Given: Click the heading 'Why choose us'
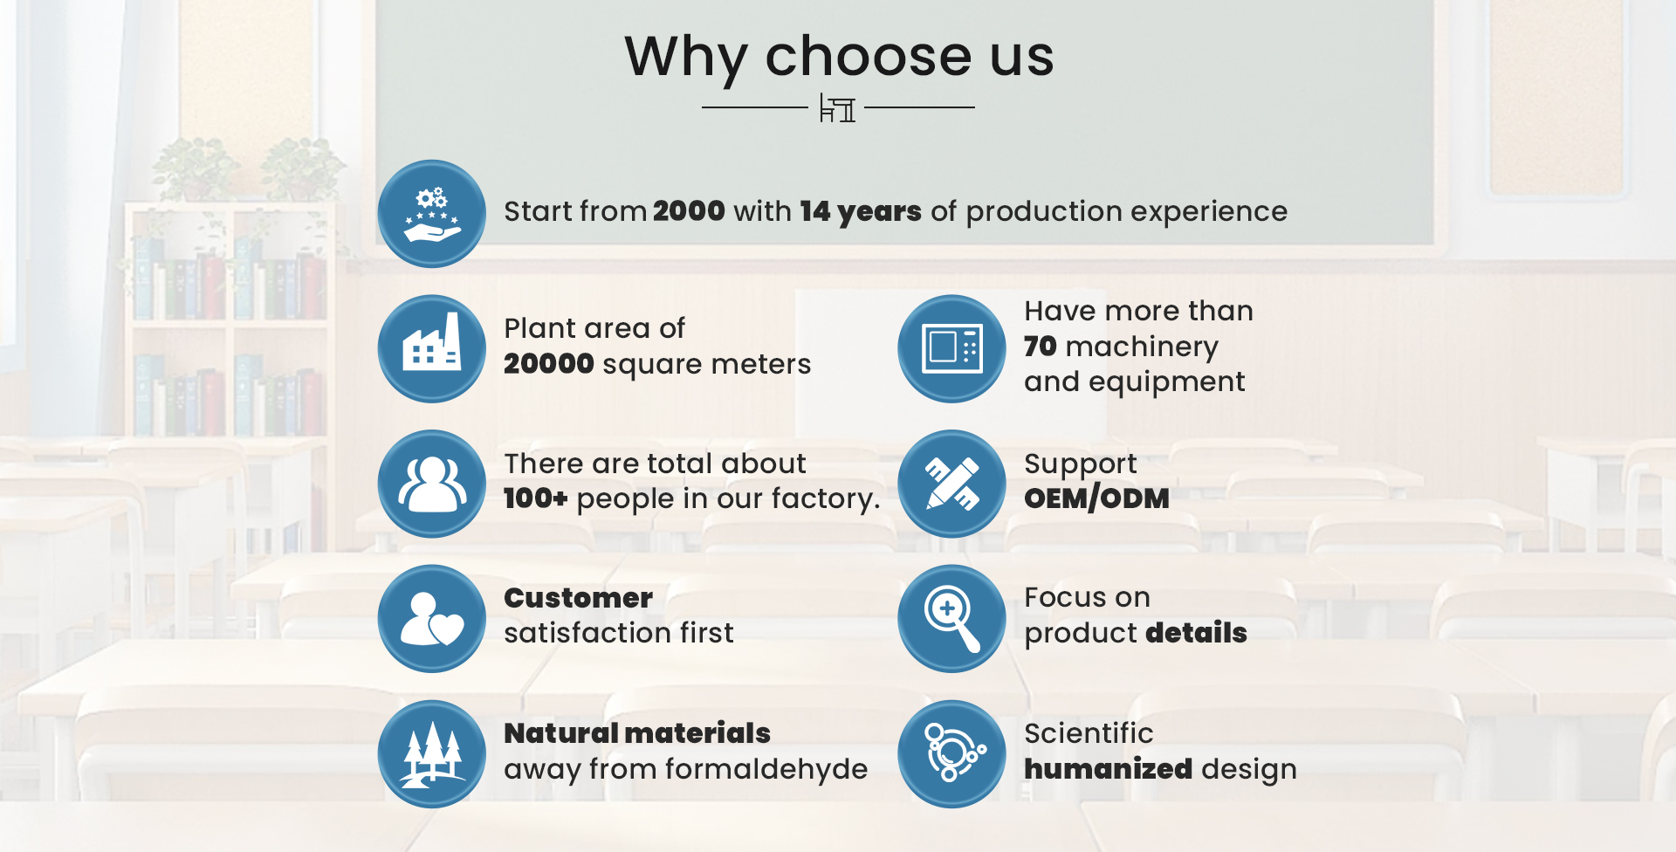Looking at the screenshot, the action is coord(839,58).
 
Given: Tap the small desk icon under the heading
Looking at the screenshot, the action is coord(837,108).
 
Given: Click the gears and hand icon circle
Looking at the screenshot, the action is coord(432,214).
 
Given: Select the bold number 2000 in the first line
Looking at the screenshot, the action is coord(689,211).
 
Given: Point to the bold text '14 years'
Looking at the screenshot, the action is coord(861,212).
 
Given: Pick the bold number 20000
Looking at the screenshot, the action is coord(549,364).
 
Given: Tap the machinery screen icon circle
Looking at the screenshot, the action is coord(952,349).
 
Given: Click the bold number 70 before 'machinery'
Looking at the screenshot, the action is coord(1041,347).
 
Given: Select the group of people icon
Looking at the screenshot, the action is coord(432,484).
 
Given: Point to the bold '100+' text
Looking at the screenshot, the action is coord(536,498).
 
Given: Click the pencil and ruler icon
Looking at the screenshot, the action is coord(952,484).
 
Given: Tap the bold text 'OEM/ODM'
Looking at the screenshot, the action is coord(1096,498).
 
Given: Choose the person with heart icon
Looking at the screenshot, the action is coord(432,619).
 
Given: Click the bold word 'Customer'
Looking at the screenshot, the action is coord(578,598).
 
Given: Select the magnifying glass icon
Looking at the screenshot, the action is coord(952,619).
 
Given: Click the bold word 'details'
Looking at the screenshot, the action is coord(1197,633).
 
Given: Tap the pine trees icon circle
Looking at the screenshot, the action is coord(432,754).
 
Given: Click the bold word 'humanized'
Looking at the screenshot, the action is coord(1109,769).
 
